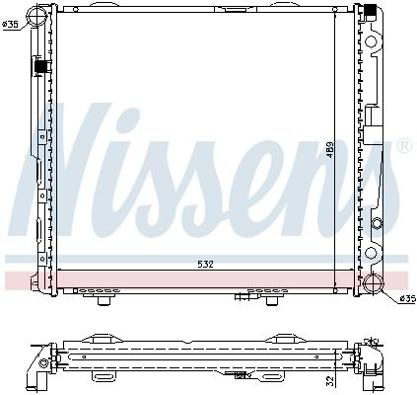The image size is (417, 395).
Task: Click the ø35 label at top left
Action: (11, 24)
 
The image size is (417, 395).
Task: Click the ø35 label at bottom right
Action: (407, 298)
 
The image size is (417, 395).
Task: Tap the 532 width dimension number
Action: (205, 264)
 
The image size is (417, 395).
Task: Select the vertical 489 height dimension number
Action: (330, 150)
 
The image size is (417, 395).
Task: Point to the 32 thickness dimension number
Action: (331, 381)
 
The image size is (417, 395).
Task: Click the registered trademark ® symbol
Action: (404, 146)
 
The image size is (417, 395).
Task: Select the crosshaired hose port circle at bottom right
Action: (374, 282)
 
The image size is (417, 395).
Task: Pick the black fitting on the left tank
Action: (40, 66)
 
